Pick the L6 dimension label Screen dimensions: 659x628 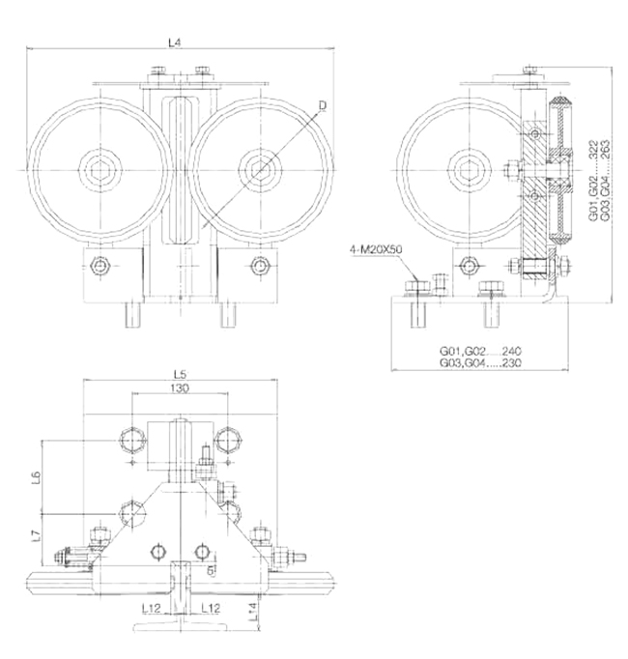(x=36, y=477)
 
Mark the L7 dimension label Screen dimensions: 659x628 (x=36, y=534)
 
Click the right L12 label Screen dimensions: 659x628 (x=212, y=608)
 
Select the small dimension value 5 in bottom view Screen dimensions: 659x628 (x=209, y=570)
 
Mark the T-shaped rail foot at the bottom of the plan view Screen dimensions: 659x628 (x=181, y=627)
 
